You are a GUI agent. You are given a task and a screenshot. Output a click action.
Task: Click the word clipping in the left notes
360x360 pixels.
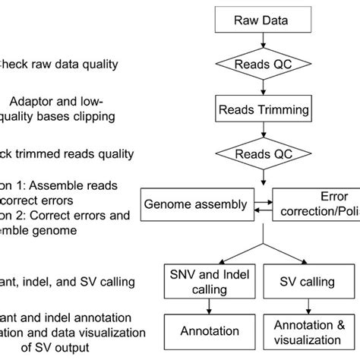[91, 116]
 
